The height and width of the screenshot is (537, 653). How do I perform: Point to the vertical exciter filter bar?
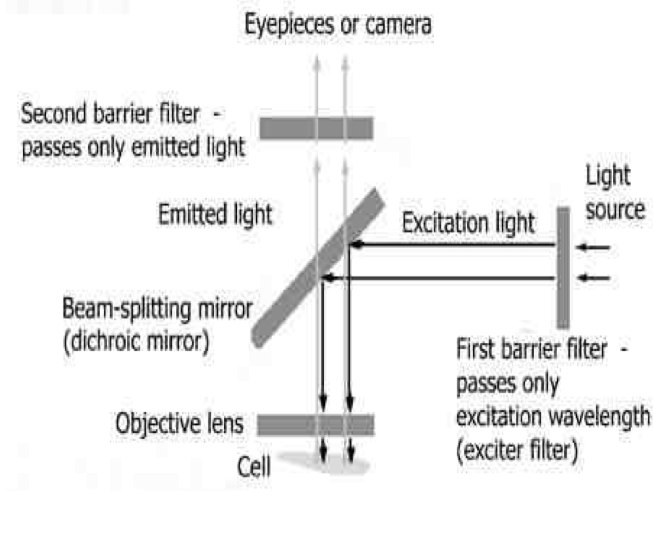point(563,267)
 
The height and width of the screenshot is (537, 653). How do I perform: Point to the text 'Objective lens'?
point(179,424)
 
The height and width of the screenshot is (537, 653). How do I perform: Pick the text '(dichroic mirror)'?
point(136,343)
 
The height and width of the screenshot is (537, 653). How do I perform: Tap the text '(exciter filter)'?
point(517,451)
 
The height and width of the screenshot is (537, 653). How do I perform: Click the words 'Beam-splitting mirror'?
point(158,309)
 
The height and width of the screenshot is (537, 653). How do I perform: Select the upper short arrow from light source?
point(593,248)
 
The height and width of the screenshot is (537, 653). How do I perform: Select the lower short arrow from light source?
point(593,278)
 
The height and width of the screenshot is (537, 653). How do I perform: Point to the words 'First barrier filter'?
point(531,349)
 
